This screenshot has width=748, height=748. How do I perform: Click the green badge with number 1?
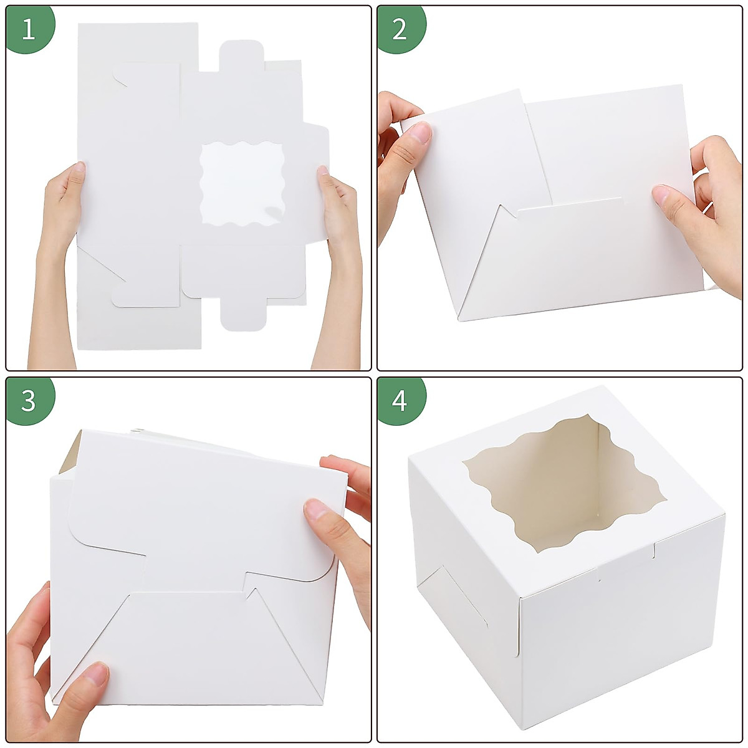click(x=29, y=29)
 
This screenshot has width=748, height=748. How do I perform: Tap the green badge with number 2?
click(x=400, y=29)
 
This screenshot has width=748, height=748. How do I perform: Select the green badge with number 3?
click(x=29, y=400)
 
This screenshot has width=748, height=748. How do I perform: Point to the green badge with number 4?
click(x=400, y=400)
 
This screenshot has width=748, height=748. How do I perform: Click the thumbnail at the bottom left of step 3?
click(x=94, y=674)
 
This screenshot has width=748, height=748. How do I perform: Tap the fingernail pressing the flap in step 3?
click(x=316, y=509)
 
